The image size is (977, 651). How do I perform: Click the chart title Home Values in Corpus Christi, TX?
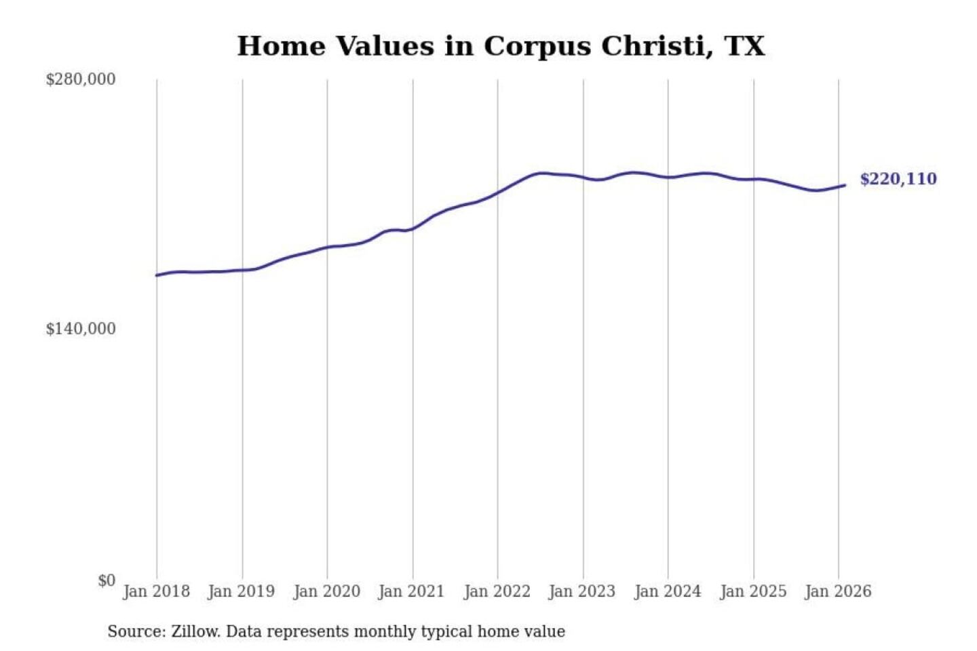[x=501, y=46]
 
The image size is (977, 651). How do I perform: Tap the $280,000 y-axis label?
[x=81, y=79]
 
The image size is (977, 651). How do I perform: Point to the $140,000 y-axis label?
[x=81, y=329]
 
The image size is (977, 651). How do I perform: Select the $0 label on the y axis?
[x=107, y=580]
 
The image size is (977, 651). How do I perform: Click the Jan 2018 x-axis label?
[x=156, y=591]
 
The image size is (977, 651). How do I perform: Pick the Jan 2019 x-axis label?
[x=242, y=591]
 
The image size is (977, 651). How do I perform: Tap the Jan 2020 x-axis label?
[x=326, y=591]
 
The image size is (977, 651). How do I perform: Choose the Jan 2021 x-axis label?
[x=411, y=591]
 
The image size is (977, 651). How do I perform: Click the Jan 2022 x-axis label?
[x=497, y=591]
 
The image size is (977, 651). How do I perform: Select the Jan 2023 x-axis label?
[x=582, y=591]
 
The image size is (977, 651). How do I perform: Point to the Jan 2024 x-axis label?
[x=667, y=591]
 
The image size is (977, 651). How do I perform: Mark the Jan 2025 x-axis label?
[x=752, y=591]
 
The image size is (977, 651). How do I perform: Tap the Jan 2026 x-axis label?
[x=837, y=591]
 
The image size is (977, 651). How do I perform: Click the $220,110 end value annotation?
[x=898, y=179]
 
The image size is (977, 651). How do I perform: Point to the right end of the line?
[x=845, y=185]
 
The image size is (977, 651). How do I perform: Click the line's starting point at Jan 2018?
[x=157, y=275]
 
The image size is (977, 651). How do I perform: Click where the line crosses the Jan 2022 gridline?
[x=497, y=193]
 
